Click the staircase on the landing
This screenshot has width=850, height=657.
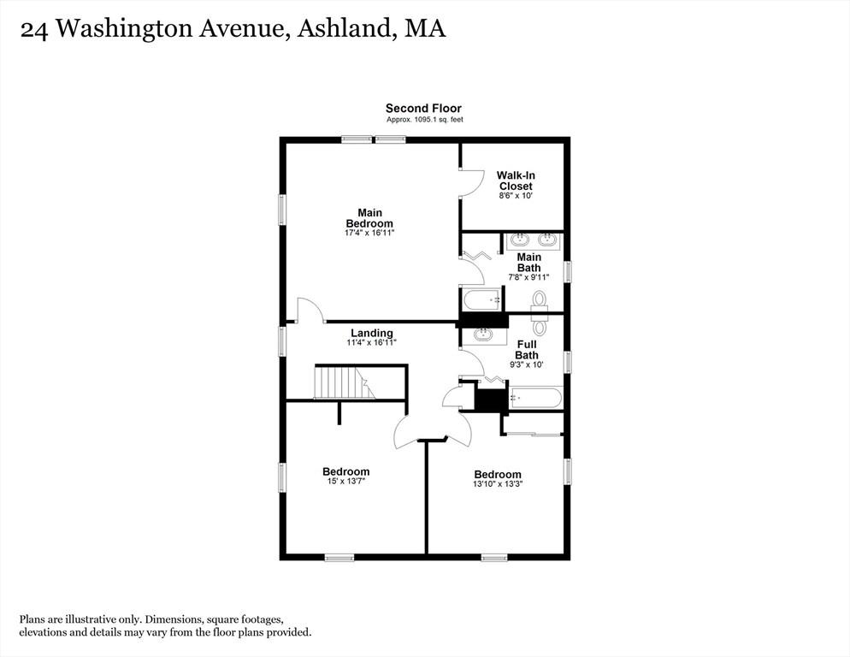(344, 382)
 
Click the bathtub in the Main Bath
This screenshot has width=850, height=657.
(481, 300)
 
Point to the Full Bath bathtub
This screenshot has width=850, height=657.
(536, 398)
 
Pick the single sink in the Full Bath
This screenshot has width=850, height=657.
(483, 334)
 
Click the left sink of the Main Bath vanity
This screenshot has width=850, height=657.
(521, 240)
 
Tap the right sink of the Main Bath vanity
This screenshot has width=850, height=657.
(547, 240)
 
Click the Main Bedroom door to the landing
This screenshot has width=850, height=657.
(310, 311)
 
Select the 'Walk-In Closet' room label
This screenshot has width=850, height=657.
(515, 181)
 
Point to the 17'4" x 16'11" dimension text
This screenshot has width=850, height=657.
(369, 233)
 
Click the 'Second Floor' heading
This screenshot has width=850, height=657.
(423, 108)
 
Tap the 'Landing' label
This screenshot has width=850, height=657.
(372, 333)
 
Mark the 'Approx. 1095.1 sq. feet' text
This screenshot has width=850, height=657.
(423, 120)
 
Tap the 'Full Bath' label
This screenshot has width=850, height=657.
(526, 349)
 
